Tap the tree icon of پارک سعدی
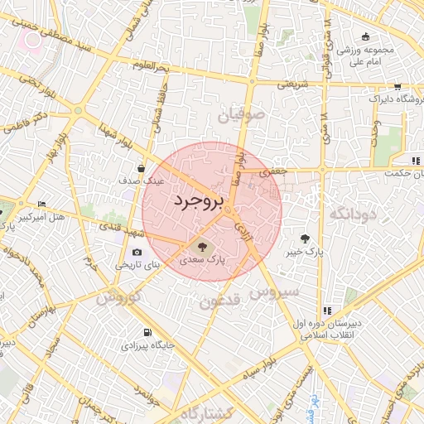[200, 246]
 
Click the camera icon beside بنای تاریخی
[137, 253]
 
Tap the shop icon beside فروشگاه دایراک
[397, 86]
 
